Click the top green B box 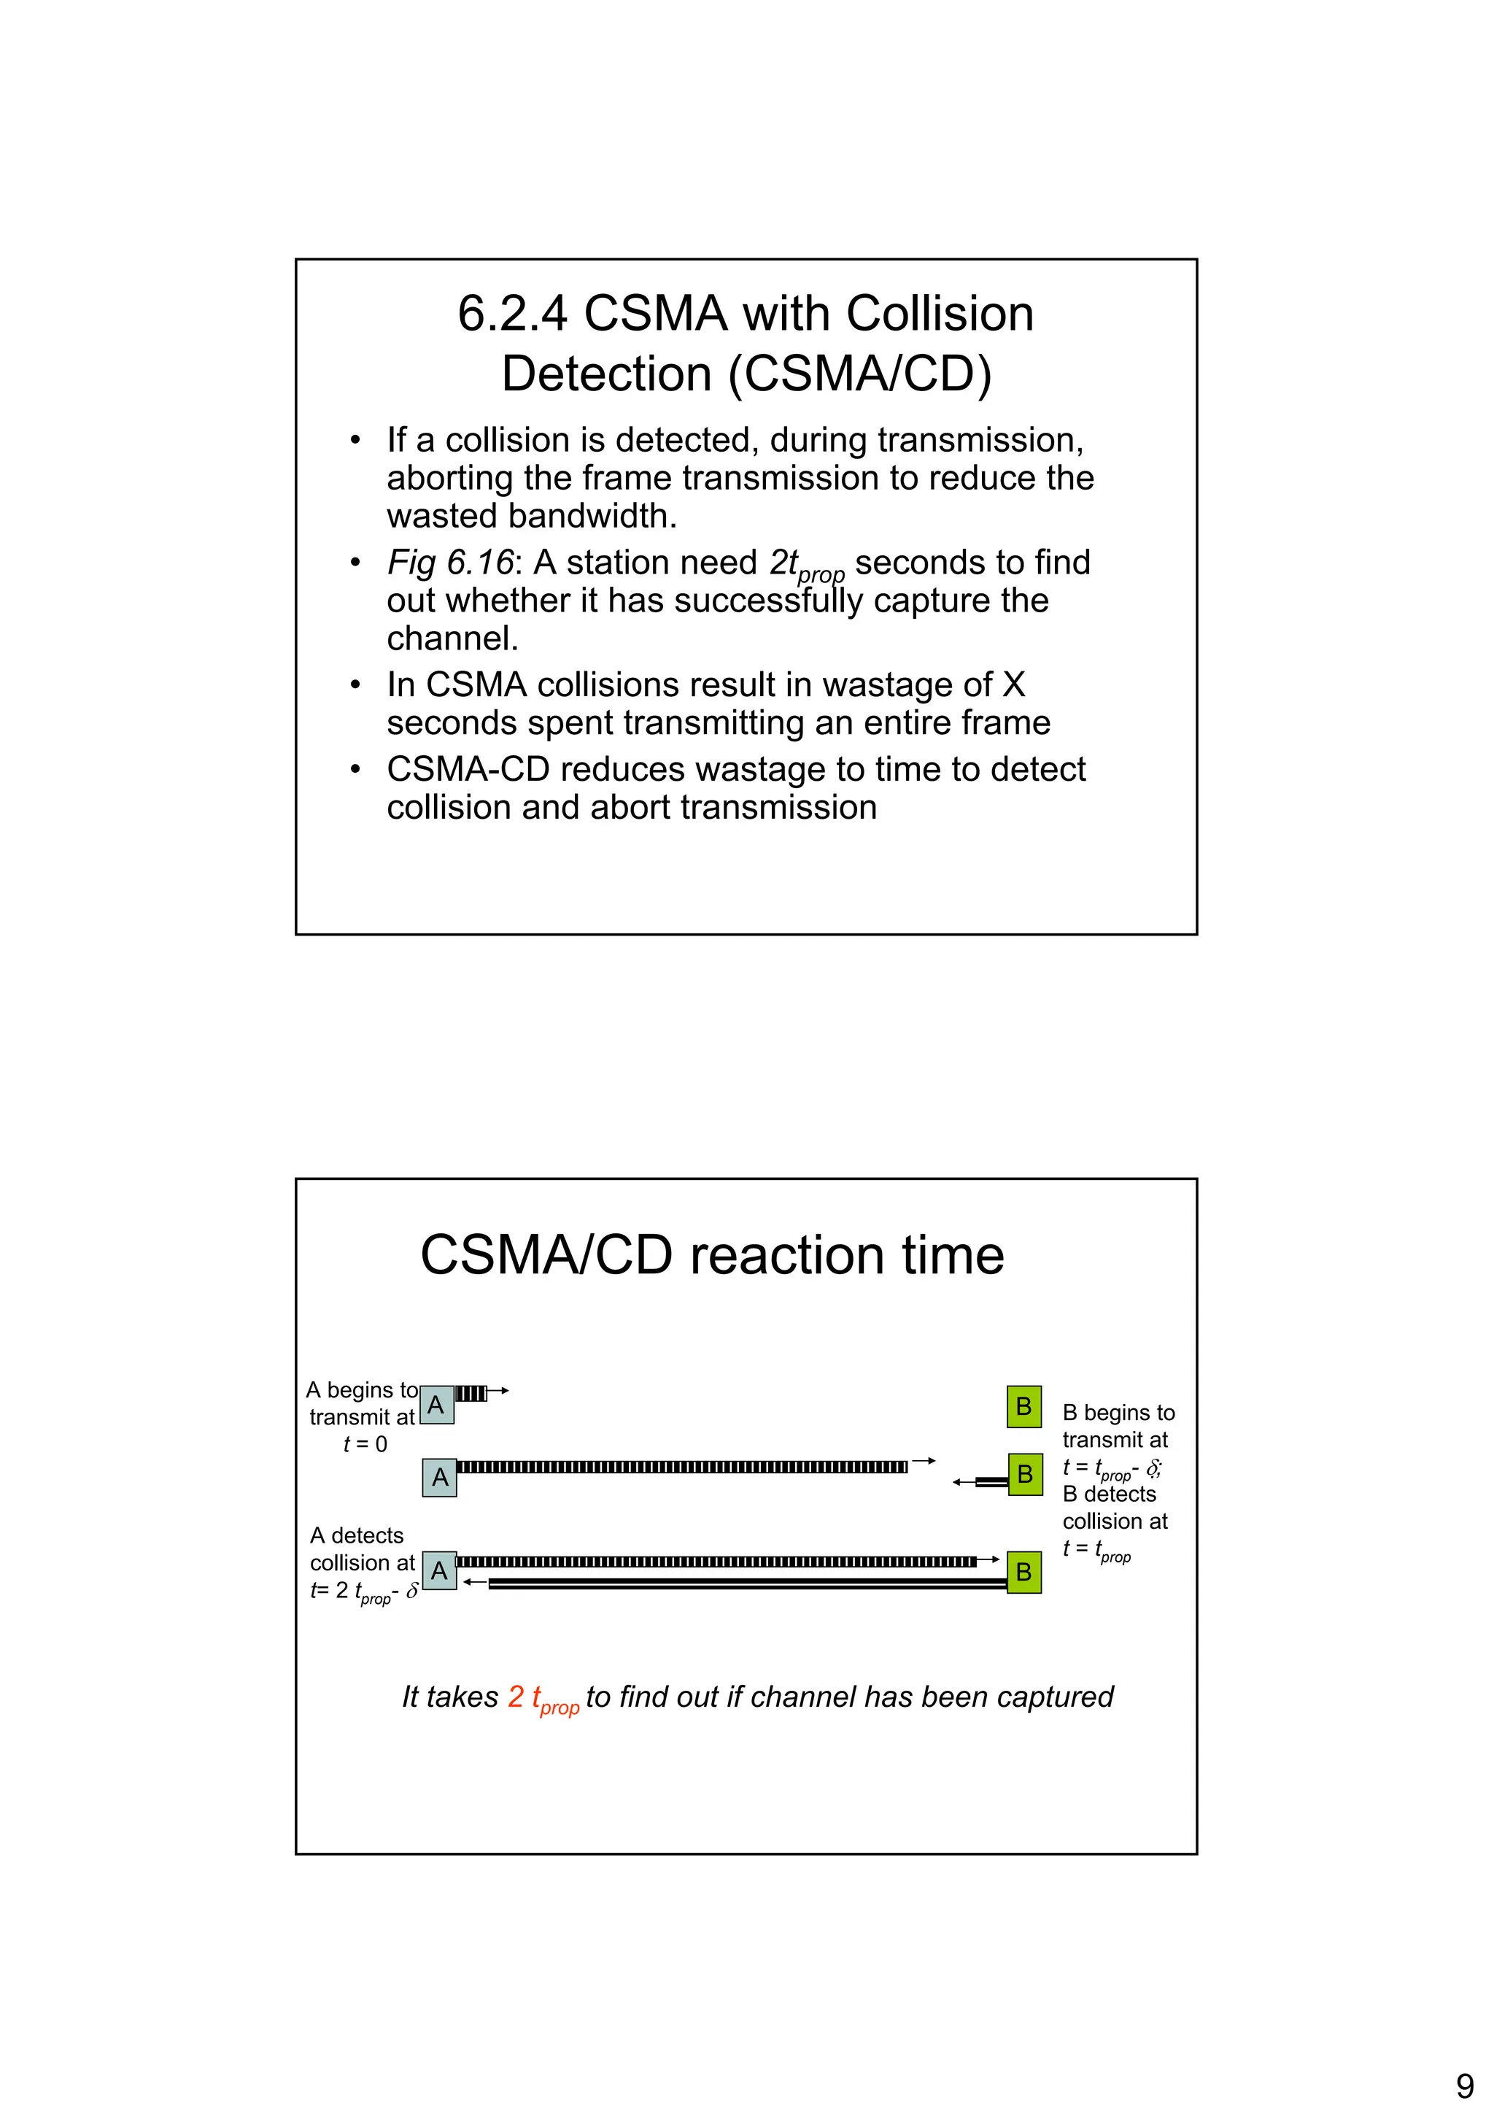coord(1023,1407)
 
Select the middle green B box coord(1024,1475)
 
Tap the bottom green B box coord(1023,1573)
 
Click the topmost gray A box coord(436,1405)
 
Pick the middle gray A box coord(440,1478)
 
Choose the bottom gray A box coord(439,1571)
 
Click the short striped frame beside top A coord(471,1393)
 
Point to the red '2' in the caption coord(516,1696)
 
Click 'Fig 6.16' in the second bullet coord(449,562)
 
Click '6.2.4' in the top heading coord(513,313)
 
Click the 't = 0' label coord(365,1443)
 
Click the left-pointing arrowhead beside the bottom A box coord(470,1582)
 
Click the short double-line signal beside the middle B coord(991,1481)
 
